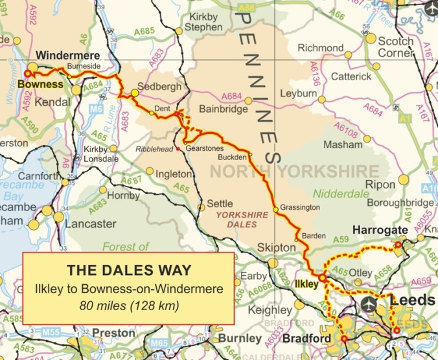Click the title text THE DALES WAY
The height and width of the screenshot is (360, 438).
pos(129,269)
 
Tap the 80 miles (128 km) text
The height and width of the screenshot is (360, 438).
pos(129,302)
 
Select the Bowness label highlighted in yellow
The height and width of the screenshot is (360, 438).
pos(41,84)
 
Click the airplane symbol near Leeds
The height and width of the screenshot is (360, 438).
pos(370,303)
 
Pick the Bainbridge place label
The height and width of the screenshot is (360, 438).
pos(223,109)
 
